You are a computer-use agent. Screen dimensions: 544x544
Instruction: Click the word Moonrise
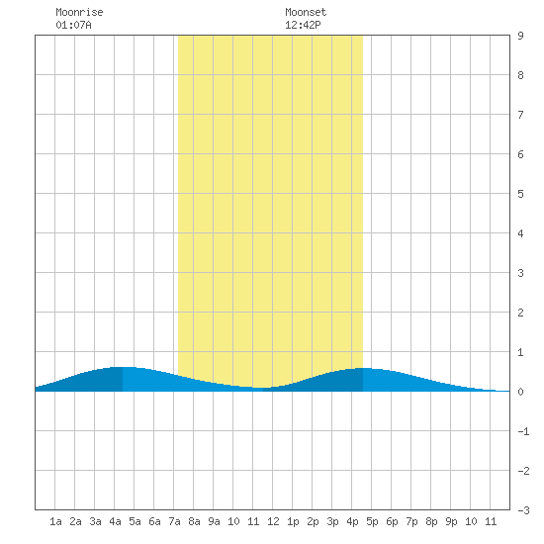click(x=79, y=12)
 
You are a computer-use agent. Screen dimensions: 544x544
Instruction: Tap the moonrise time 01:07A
click(x=73, y=25)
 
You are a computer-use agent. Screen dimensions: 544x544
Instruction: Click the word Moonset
click(x=306, y=12)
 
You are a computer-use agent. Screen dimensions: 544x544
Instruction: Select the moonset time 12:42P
click(x=303, y=25)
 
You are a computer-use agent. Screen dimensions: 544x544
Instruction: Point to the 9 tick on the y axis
click(x=520, y=36)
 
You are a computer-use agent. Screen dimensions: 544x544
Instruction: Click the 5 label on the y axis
click(x=520, y=194)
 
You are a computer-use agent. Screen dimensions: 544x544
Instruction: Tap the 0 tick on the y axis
click(x=520, y=392)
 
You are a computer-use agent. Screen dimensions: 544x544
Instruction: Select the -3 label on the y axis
click(x=523, y=510)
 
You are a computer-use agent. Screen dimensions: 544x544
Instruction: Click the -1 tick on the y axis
click(x=523, y=431)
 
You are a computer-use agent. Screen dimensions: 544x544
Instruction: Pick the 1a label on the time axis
click(x=55, y=521)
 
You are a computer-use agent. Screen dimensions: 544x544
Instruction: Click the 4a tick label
click(x=115, y=521)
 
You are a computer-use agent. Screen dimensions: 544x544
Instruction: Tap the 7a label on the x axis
click(x=174, y=521)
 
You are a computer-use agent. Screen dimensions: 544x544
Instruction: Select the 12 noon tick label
click(x=273, y=521)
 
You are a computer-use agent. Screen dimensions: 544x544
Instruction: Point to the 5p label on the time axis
click(x=372, y=521)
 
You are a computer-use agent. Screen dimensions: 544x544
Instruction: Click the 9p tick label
click(x=451, y=521)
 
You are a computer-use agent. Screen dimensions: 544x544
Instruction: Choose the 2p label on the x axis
click(x=313, y=521)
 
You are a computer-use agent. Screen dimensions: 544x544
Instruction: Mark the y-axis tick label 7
click(x=520, y=115)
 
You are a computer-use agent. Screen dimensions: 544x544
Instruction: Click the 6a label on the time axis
click(x=154, y=521)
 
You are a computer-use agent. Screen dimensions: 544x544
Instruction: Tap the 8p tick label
click(x=431, y=521)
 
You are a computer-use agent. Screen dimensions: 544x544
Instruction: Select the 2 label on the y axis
click(x=520, y=313)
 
